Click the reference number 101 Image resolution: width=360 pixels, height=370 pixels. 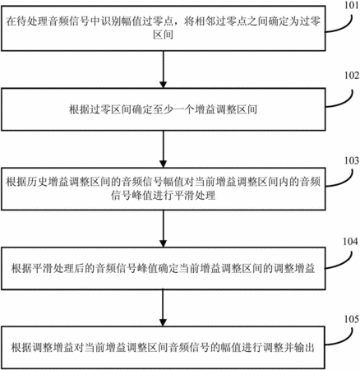(351, 5)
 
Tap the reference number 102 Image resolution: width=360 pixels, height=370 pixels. (352, 76)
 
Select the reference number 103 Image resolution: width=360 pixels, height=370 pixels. (352, 160)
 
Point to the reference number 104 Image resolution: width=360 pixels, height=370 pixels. (350, 242)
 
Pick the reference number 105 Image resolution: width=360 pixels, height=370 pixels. (352, 319)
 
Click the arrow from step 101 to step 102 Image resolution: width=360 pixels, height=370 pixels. (164, 69)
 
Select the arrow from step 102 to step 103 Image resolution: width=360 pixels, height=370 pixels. (164, 149)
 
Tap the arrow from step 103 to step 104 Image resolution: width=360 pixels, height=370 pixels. (164, 229)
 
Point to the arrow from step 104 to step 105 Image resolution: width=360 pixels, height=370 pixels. (164, 308)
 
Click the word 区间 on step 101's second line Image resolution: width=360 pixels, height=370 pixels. (164, 35)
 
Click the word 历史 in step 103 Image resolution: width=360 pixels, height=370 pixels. (37, 182)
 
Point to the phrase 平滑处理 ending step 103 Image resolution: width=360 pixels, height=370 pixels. (195, 196)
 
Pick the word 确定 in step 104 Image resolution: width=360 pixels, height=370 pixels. (168, 269)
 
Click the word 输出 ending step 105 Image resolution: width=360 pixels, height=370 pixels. (304, 348)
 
